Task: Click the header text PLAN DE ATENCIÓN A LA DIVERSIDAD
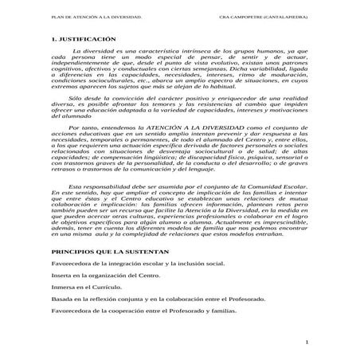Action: pos(77,14)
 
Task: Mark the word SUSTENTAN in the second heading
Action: pos(139,251)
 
